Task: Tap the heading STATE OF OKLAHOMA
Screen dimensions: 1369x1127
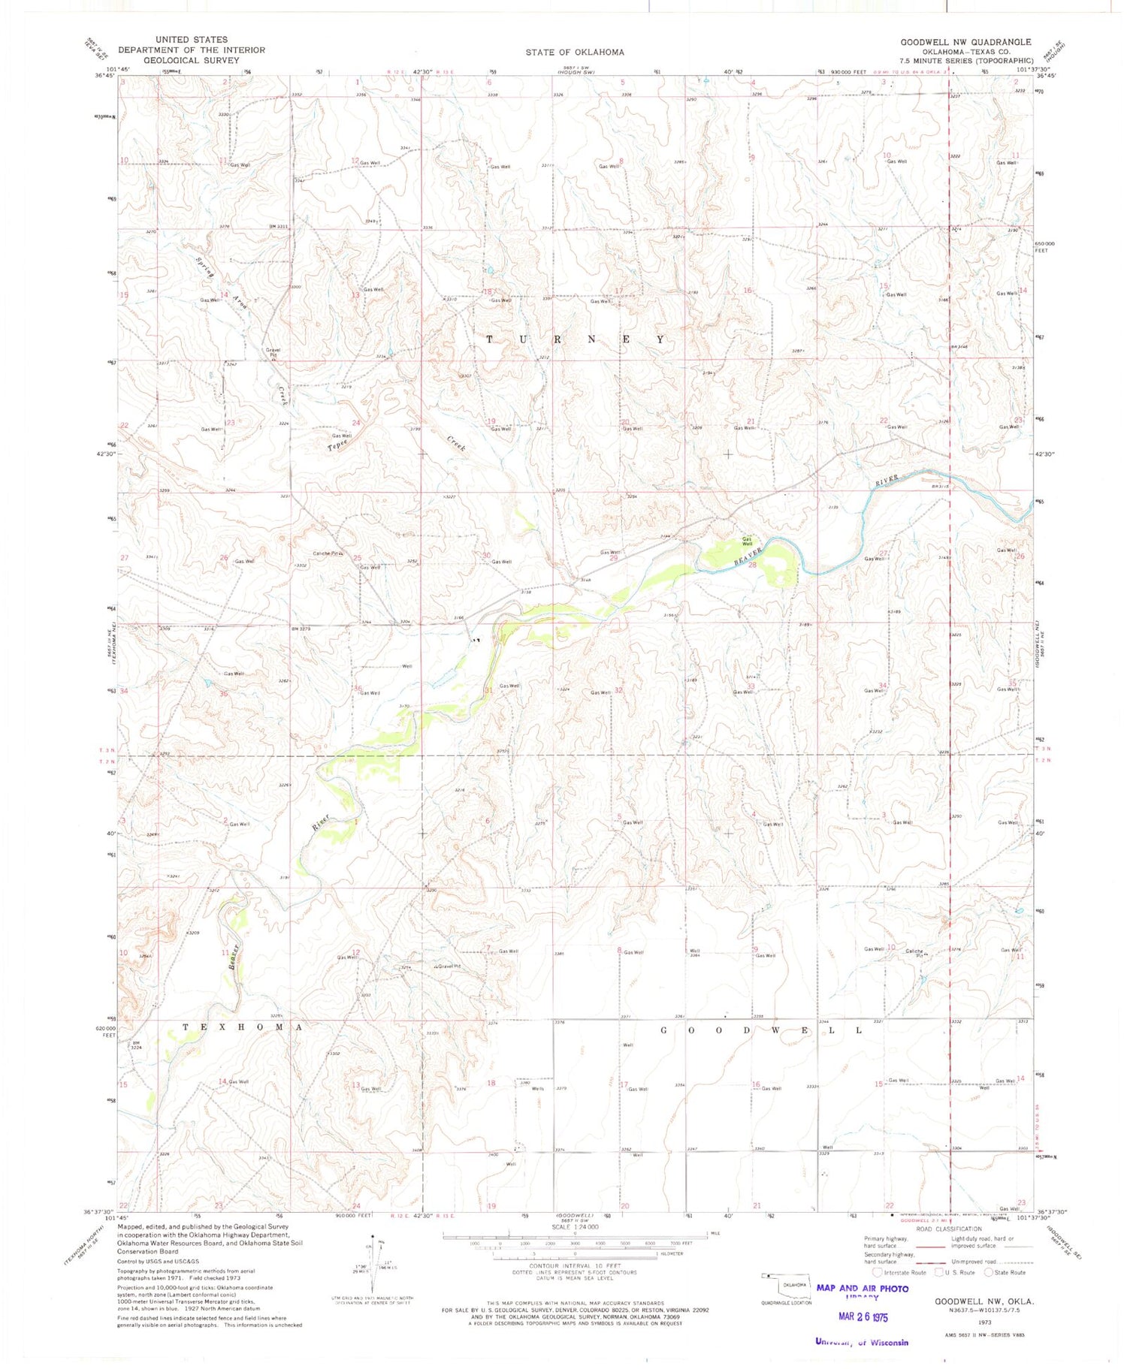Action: click(x=575, y=52)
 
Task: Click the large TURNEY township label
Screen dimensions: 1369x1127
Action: click(x=575, y=339)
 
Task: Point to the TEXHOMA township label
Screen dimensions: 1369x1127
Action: click(x=242, y=1027)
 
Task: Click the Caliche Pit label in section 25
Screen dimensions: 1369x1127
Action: click(x=328, y=553)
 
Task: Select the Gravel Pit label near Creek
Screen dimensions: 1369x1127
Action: click(x=272, y=351)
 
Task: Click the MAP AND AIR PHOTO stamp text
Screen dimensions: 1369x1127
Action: click(x=862, y=1288)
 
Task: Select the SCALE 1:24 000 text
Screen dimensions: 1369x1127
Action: click(x=575, y=1226)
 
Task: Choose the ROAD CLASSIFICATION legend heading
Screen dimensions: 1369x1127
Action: click(x=949, y=1228)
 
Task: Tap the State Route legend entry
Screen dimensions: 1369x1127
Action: click(x=1009, y=1272)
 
